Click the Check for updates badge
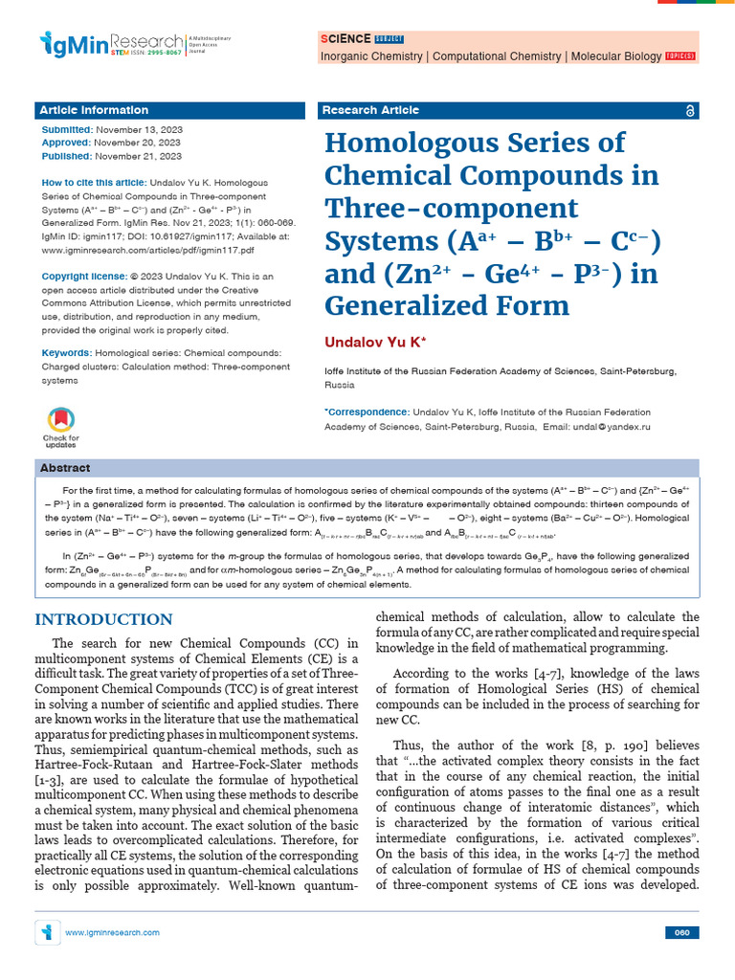tap(60, 426)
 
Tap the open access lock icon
tap(691, 111)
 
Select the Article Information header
tap(95, 110)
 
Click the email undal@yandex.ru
tap(613, 426)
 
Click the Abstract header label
tap(65, 468)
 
